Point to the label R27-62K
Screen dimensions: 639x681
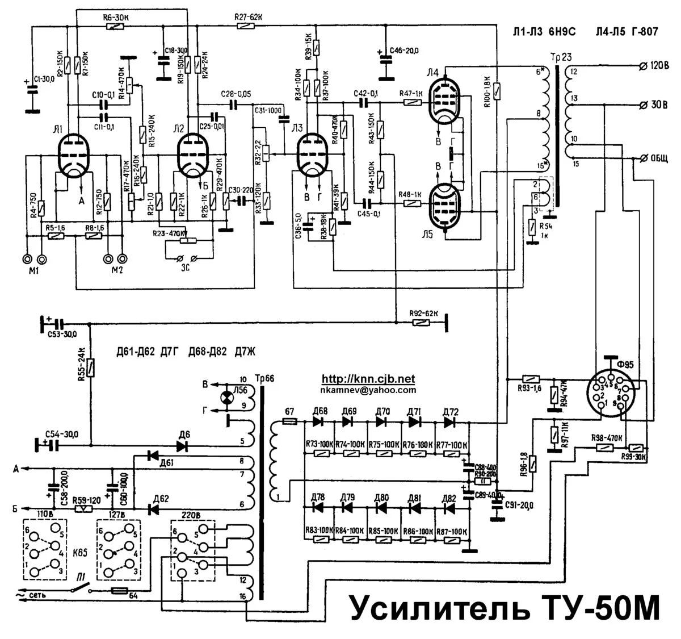tap(248, 17)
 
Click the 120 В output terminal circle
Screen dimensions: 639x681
tap(644, 65)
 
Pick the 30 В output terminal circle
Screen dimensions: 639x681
tap(644, 105)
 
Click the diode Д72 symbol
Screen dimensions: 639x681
tap(450, 423)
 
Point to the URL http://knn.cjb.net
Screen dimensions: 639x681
tap(368, 379)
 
